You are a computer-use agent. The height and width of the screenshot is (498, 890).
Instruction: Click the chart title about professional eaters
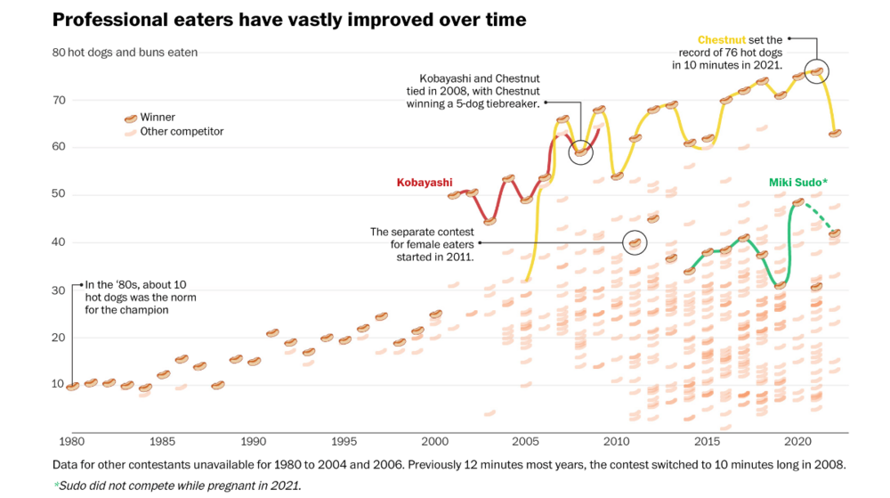(x=289, y=20)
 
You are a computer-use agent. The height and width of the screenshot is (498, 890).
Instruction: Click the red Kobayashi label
(x=425, y=183)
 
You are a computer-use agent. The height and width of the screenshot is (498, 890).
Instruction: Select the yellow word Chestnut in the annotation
(x=722, y=40)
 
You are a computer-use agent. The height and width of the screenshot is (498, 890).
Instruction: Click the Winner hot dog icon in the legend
(x=130, y=118)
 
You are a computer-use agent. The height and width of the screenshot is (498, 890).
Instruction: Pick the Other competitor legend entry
(x=182, y=132)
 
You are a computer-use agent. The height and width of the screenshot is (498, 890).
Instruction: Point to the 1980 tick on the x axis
(x=71, y=441)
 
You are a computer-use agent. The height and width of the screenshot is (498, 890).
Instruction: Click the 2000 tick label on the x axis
(x=434, y=441)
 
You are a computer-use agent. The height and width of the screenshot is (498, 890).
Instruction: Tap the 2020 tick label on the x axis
(x=797, y=441)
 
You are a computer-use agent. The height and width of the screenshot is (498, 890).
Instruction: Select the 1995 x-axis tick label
(x=344, y=441)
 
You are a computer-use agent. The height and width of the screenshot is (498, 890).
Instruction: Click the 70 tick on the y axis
(x=60, y=100)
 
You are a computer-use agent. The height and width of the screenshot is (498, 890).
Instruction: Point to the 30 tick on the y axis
(x=60, y=290)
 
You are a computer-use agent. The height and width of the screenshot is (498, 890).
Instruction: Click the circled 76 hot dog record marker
(x=817, y=71)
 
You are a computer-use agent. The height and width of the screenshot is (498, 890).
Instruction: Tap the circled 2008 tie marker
(x=580, y=151)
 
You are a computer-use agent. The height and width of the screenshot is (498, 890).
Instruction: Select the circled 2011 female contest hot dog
(x=635, y=241)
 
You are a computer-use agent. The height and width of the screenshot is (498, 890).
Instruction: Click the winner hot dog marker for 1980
(x=72, y=386)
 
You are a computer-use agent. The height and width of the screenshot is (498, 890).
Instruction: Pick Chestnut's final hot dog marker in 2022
(x=835, y=133)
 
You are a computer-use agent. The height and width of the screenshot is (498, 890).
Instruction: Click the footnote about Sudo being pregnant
(x=177, y=486)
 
